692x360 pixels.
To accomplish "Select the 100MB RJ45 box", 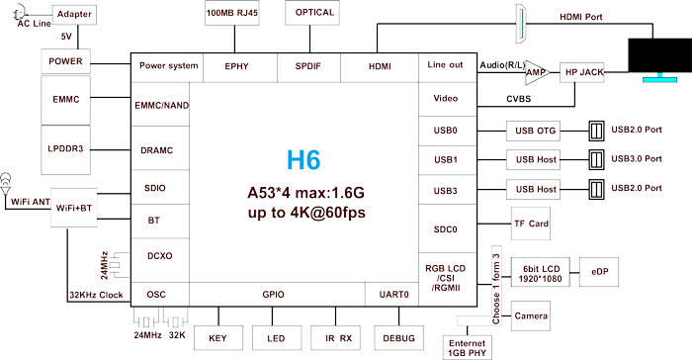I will (x=232, y=14).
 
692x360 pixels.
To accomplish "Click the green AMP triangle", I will (x=537, y=73).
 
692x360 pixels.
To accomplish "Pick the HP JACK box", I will (x=582, y=73).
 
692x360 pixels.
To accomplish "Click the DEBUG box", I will (x=397, y=338).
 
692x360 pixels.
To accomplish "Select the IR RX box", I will (x=338, y=338).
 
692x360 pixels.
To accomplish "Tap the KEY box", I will (x=218, y=338).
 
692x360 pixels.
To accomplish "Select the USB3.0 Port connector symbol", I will (x=596, y=159).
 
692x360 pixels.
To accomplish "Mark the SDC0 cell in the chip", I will (x=446, y=229).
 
